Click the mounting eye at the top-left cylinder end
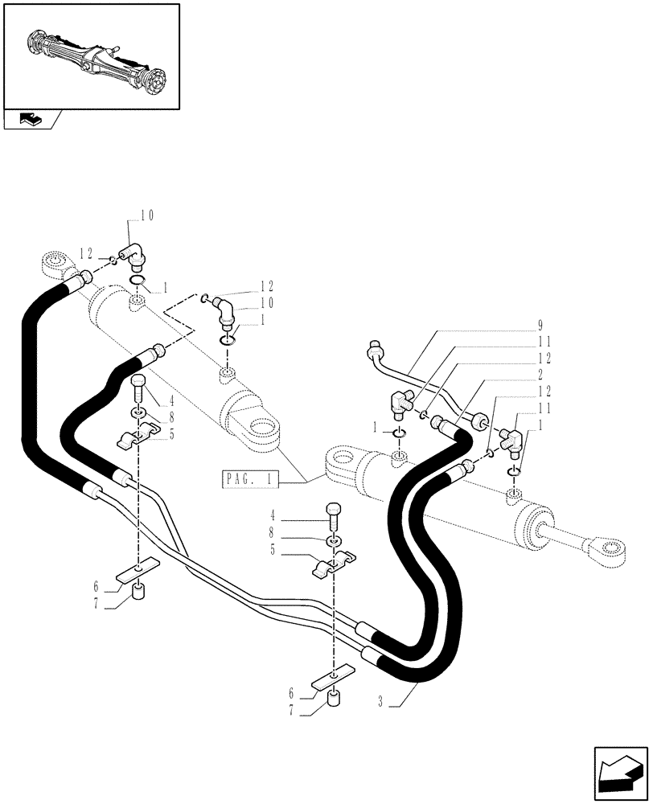point(57,263)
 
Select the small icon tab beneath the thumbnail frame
point(33,120)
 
